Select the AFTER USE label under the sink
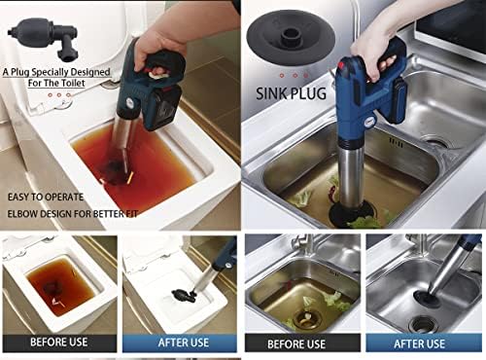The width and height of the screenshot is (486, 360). [x=424, y=342]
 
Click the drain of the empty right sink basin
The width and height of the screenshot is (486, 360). [x=437, y=143]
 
